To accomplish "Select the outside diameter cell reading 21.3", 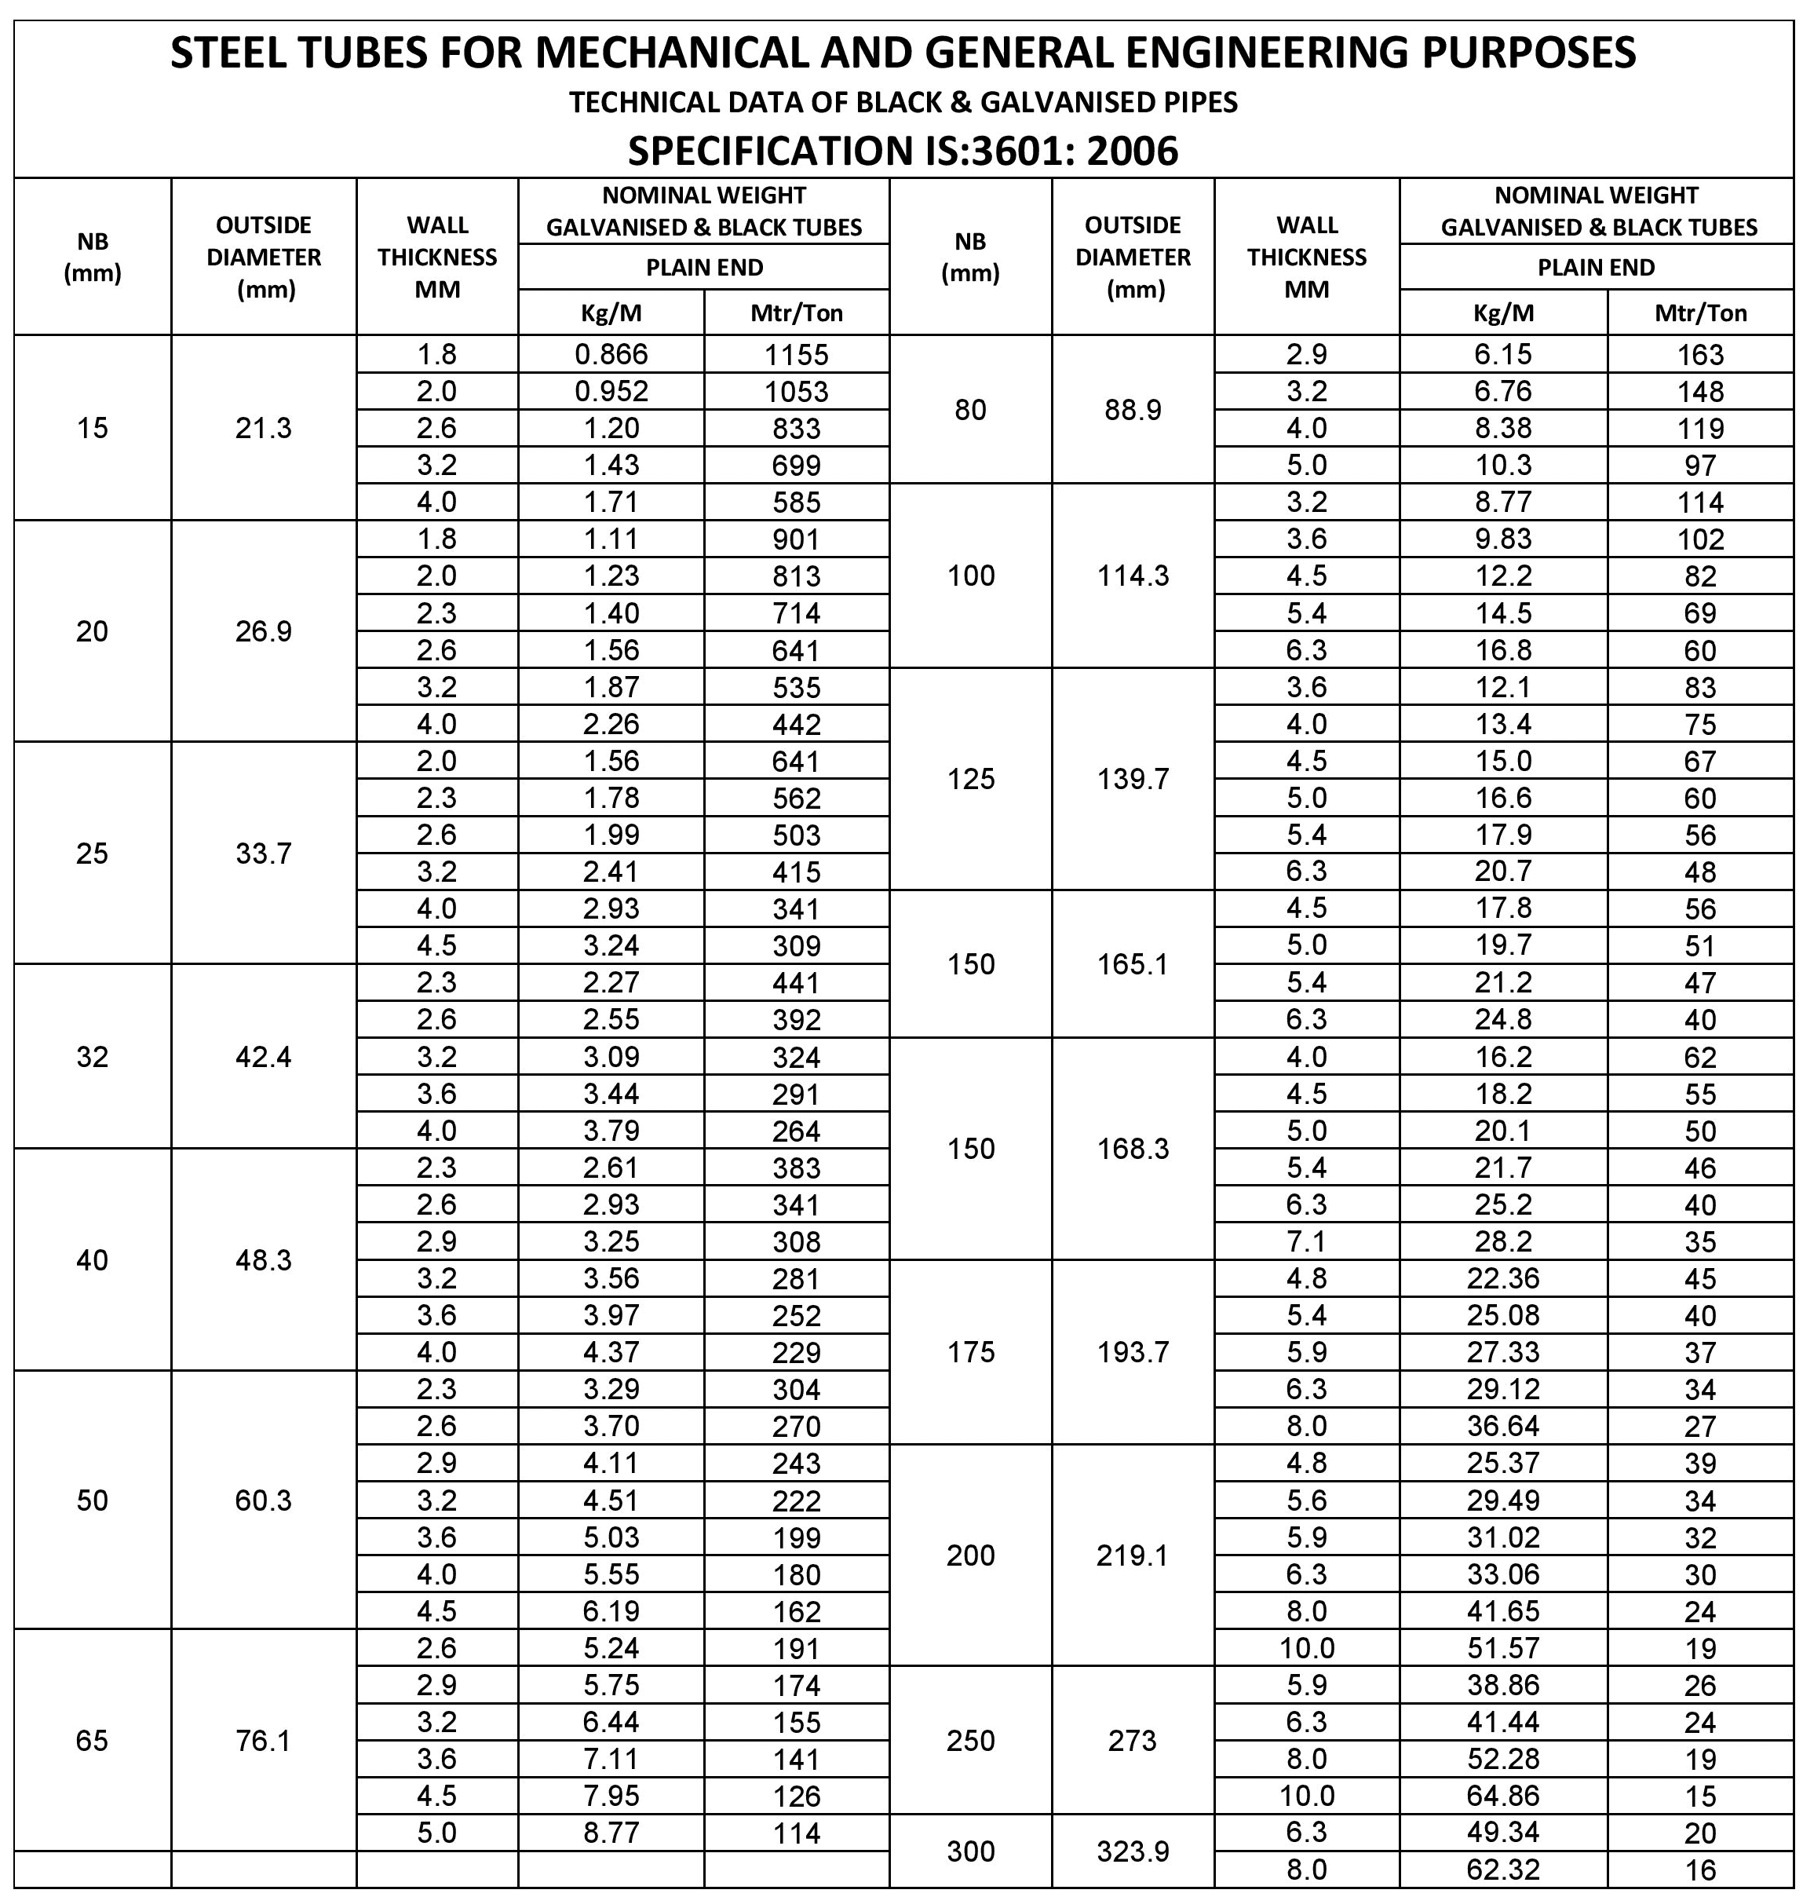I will pos(263,428).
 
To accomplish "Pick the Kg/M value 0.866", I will pos(611,355).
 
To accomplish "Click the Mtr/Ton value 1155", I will pos(796,355).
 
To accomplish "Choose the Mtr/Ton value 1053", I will pos(796,391).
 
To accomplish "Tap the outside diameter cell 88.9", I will pos(1133,410).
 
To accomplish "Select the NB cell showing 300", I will pos(971,1851).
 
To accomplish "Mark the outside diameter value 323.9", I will pos(1133,1851).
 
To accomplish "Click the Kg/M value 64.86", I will pos(1503,1795).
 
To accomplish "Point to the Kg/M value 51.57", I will pos(1503,1648).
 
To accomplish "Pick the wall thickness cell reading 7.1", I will pos(1307,1241).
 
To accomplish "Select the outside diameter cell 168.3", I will pos(1133,1149).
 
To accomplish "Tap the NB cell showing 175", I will pos(971,1352).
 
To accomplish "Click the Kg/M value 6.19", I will pos(611,1610).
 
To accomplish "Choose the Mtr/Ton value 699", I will pos(796,466).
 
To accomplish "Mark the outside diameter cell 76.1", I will pos(263,1740).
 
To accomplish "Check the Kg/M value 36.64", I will pos(1503,1426).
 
